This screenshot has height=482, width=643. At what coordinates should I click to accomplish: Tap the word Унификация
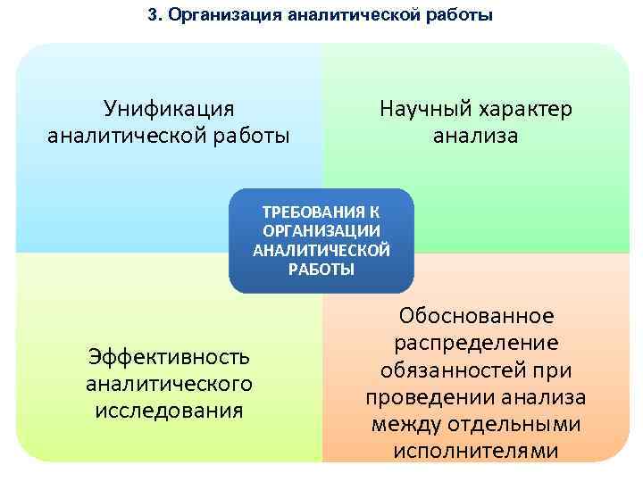169,109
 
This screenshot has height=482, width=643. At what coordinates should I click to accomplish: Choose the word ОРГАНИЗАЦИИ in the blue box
321,231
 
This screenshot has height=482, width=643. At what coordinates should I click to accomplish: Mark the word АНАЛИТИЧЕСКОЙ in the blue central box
321,250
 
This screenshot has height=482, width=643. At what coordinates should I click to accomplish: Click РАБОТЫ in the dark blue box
321,269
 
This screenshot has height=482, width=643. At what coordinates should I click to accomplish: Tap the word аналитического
169,384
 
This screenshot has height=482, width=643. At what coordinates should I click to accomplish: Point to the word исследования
169,411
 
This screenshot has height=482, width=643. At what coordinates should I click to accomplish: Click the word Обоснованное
476,316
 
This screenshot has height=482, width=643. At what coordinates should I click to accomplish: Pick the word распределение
476,343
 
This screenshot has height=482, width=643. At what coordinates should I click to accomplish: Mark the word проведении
428,396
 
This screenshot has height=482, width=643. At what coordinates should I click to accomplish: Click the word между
411,423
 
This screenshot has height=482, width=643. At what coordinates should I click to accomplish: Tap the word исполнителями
476,450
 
